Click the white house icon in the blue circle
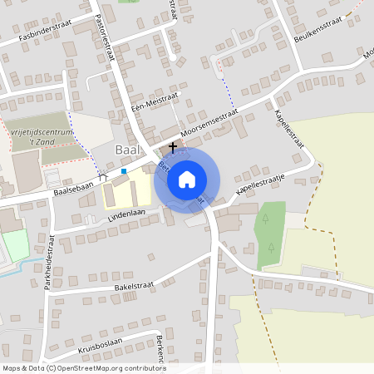click(x=187, y=178)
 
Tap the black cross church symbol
click(x=173, y=147)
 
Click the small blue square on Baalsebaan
click(x=124, y=171)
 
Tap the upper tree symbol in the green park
click(x=264, y=219)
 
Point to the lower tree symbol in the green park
click(x=271, y=247)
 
